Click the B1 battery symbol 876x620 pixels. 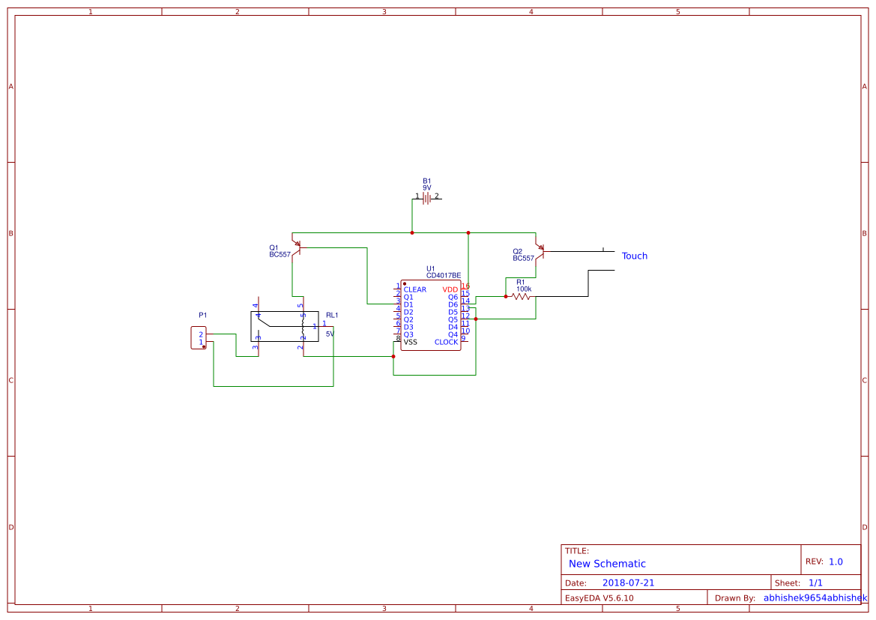tap(427, 198)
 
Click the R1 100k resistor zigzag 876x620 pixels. tap(521, 297)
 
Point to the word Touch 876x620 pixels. tap(634, 256)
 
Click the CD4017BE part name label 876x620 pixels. tap(444, 276)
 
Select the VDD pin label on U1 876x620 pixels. tap(450, 290)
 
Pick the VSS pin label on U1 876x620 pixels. tap(410, 343)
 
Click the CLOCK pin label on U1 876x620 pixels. tap(446, 343)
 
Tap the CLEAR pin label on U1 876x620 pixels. tap(414, 290)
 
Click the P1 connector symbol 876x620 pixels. tap(199, 338)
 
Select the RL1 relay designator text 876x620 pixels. tap(332, 315)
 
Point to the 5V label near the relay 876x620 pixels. tap(330, 334)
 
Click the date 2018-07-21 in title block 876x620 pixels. tap(628, 583)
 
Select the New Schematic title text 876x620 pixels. tap(607, 564)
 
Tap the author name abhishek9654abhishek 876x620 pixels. tap(815, 598)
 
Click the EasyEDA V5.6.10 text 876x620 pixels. tap(599, 598)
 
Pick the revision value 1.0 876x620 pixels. tap(836, 562)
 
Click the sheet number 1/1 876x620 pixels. tap(815, 583)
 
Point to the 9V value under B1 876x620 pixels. tap(427, 188)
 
